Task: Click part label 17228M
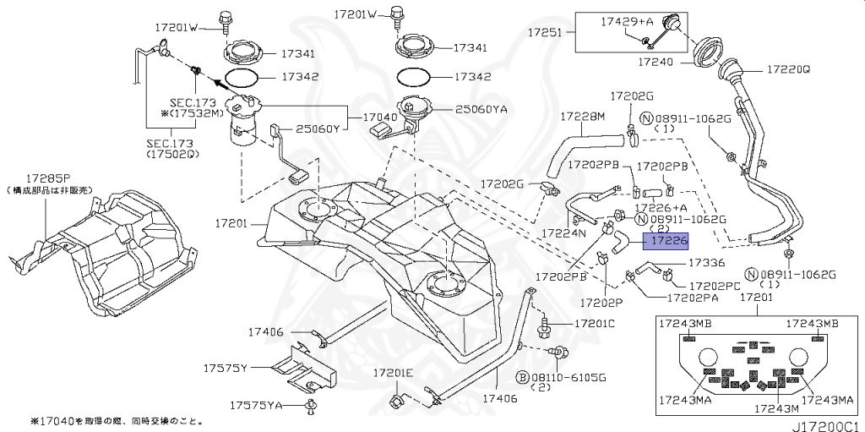(x=580, y=116)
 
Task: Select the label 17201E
(x=394, y=373)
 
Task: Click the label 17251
(x=546, y=32)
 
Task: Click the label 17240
(x=656, y=62)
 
